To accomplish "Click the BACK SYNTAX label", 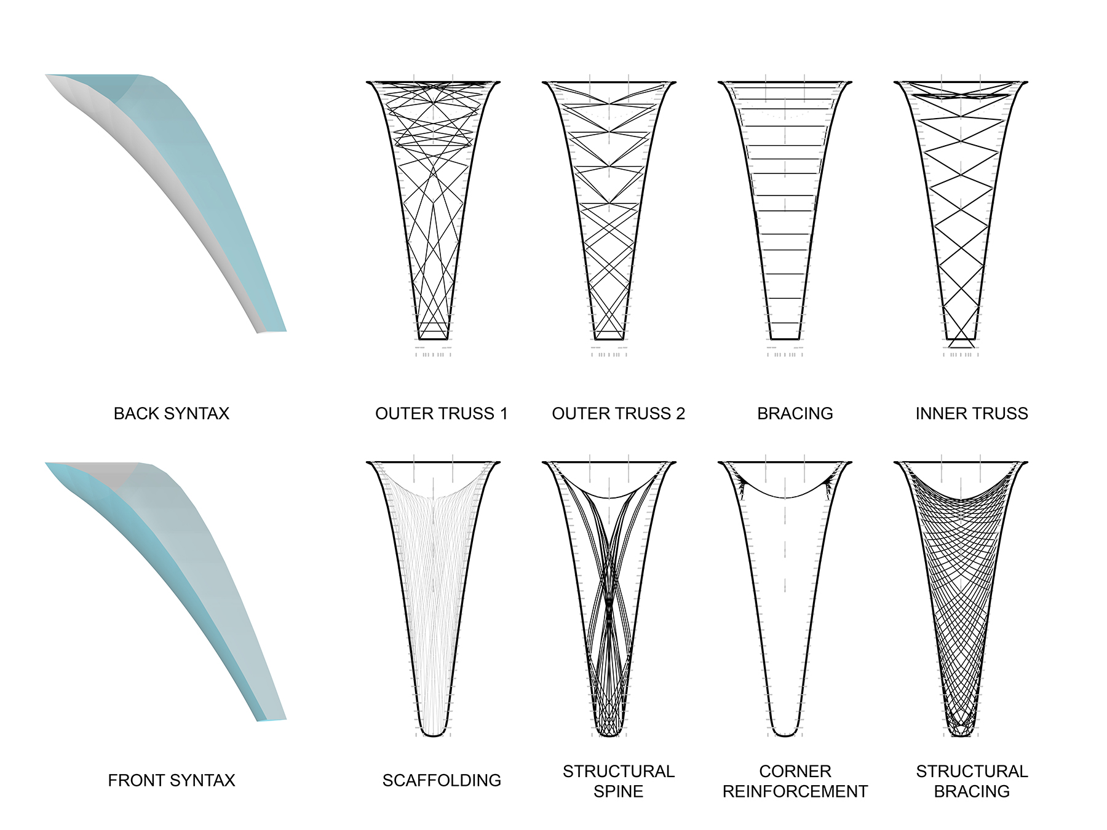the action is tap(172, 413).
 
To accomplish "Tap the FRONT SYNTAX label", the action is tap(172, 780).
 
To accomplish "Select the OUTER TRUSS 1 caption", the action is tap(442, 413).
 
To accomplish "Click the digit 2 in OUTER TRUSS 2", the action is tap(680, 413).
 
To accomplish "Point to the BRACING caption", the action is tap(795, 413).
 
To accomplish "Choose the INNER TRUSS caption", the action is tap(972, 413).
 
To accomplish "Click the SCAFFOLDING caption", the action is tap(442, 780).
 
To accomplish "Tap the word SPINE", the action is tap(619, 791).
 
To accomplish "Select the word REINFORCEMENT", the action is tap(795, 791).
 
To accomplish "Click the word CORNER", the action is tap(795, 771).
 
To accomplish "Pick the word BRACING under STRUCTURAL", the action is tap(972, 791).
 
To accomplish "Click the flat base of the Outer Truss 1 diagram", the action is tap(434, 339).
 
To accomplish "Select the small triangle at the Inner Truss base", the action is tap(961, 342).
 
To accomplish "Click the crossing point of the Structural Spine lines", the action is tap(609, 606).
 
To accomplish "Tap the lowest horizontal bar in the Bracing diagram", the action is tap(785, 323).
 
